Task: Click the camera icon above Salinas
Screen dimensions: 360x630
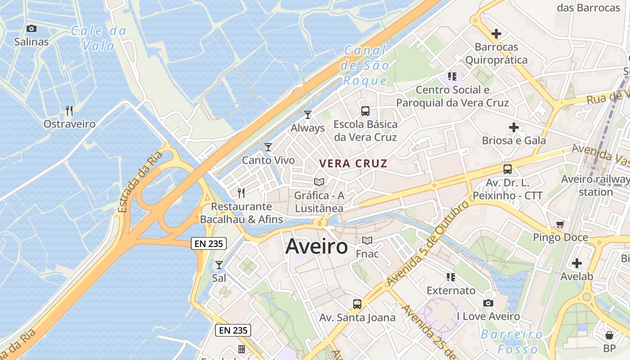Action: click(x=31, y=29)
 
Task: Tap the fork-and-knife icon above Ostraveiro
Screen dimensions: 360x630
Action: click(x=69, y=111)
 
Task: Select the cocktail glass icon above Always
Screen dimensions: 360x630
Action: click(x=308, y=115)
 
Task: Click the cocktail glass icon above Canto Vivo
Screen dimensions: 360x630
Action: click(x=268, y=147)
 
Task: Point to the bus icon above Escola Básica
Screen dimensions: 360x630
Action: click(x=365, y=111)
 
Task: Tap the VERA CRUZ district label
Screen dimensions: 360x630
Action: click(x=353, y=163)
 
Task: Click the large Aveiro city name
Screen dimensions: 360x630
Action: click(x=317, y=247)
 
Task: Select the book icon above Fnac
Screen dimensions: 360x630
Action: click(x=367, y=241)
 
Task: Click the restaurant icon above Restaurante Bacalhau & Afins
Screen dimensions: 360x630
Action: click(x=241, y=193)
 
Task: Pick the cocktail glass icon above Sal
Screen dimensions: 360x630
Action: click(x=219, y=265)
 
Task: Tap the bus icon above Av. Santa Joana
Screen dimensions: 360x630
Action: click(x=357, y=304)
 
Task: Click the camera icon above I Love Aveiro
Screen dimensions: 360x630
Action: click(x=488, y=303)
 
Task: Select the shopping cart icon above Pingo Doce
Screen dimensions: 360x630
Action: click(x=560, y=224)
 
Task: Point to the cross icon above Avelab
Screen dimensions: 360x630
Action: click(x=577, y=263)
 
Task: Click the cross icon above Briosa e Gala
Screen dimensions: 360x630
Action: click(x=514, y=127)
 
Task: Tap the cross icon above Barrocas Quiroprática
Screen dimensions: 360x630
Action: click(x=496, y=34)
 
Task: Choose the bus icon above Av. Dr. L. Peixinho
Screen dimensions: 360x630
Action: click(x=508, y=169)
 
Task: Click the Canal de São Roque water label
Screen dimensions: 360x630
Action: click(x=365, y=66)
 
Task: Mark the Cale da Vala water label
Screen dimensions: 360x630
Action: click(x=99, y=38)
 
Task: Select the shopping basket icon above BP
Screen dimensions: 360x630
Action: click(x=609, y=335)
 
